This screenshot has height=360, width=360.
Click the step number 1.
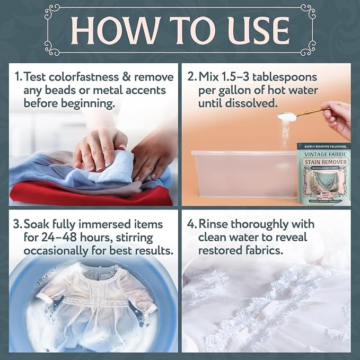(17, 77)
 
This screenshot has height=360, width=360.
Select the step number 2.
(190, 76)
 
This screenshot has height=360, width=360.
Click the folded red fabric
(85, 194)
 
